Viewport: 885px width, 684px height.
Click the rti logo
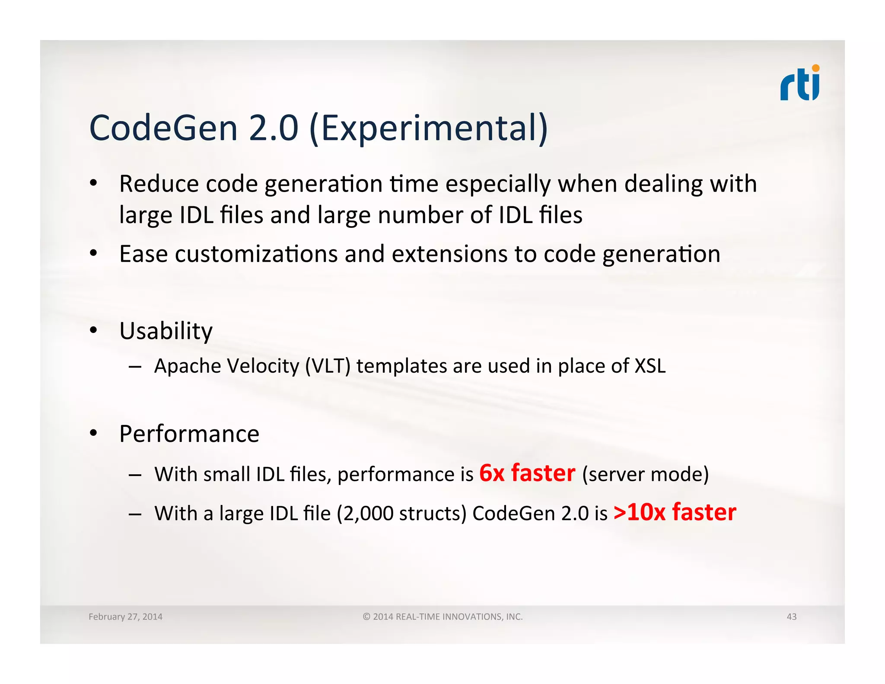pos(799,83)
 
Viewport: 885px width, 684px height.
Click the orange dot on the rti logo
pos(815,68)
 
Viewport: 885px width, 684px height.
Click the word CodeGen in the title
pos(163,128)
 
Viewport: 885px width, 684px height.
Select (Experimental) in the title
pos(429,128)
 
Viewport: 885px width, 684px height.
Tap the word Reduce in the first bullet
pos(159,184)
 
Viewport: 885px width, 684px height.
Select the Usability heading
pos(166,331)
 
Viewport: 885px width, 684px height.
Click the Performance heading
pos(189,434)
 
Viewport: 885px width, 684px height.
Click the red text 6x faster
pos(527,473)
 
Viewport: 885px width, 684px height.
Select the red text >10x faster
pos(675,512)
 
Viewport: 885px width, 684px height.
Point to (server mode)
pos(645,474)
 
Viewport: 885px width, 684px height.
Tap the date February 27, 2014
pos(125,617)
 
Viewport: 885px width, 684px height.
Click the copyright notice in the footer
pos(442,617)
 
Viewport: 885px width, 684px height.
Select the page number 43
pos(791,617)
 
